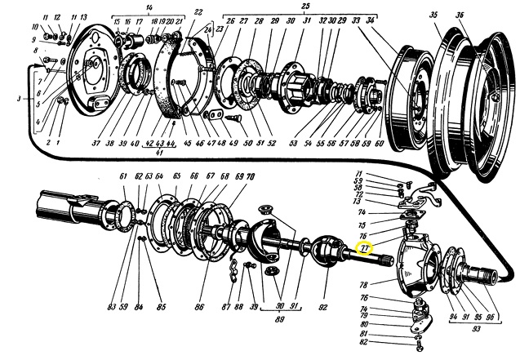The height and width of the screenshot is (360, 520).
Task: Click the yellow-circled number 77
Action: (x=365, y=248)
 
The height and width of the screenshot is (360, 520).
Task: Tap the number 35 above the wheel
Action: (x=433, y=15)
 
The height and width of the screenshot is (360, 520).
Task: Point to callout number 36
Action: (x=461, y=15)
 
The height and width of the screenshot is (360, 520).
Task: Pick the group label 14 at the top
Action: (x=149, y=7)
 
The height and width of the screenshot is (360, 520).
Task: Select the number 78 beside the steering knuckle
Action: (x=362, y=284)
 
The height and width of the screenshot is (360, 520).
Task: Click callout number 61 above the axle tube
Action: (x=123, y=176)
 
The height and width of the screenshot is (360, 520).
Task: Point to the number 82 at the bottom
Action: (x=363, y=343)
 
